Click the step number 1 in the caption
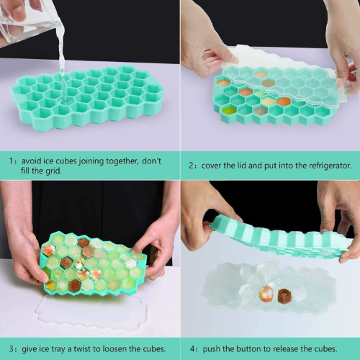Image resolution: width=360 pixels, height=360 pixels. point(11,161)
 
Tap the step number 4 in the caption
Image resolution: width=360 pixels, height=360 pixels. point(192,349)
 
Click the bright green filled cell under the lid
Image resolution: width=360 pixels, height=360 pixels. point(229,111)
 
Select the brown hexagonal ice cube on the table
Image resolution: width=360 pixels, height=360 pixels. point(284,297)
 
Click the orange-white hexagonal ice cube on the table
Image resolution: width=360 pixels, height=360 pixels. point(266,294)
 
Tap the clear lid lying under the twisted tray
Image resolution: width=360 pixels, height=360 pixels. point(92,313)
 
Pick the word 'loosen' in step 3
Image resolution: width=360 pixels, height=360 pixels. point(114,348)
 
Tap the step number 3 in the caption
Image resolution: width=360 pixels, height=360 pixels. point(12,348)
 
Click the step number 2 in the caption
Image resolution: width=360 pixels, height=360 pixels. point(191,166)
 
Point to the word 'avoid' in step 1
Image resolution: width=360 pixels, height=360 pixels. point(30,161)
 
